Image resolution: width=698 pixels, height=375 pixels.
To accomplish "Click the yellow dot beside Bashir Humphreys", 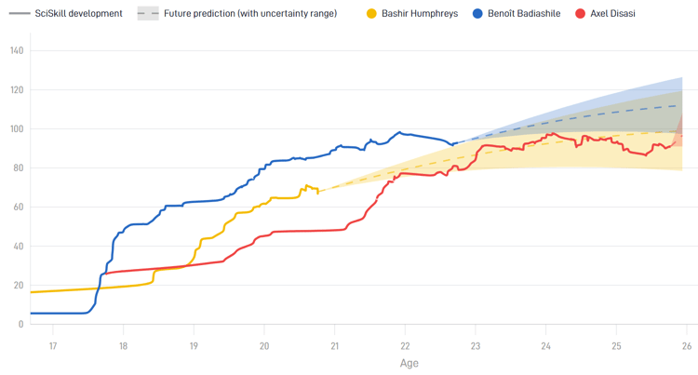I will point(372,14).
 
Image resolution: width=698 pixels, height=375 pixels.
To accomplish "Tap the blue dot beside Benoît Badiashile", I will point(478,14).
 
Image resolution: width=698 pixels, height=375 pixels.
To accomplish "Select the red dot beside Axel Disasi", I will point(581,14).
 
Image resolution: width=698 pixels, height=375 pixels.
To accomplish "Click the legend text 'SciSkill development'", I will point(78,14).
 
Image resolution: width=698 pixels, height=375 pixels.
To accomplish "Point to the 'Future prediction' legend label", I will point(250,14).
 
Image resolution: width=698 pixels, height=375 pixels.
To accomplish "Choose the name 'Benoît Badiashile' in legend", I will point(524,14).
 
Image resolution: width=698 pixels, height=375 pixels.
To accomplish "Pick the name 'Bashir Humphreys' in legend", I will point(419,14).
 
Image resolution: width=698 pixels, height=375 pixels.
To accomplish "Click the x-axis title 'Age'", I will point(409,363).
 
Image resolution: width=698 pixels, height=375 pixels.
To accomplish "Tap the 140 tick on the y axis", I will point(17,51).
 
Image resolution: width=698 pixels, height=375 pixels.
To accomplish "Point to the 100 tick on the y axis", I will point(17,129).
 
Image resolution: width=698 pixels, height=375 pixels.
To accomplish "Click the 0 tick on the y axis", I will point(21,324).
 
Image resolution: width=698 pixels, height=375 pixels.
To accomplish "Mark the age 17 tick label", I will point(53,345).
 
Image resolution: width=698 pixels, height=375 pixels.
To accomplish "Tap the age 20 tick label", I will point(264,345).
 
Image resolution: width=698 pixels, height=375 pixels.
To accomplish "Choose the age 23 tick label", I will point(476,345).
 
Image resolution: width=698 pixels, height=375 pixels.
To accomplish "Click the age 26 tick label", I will point(687,345).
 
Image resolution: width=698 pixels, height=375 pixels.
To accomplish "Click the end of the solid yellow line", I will point(318,192).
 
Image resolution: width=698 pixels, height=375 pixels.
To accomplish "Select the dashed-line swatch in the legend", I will point(147,14).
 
